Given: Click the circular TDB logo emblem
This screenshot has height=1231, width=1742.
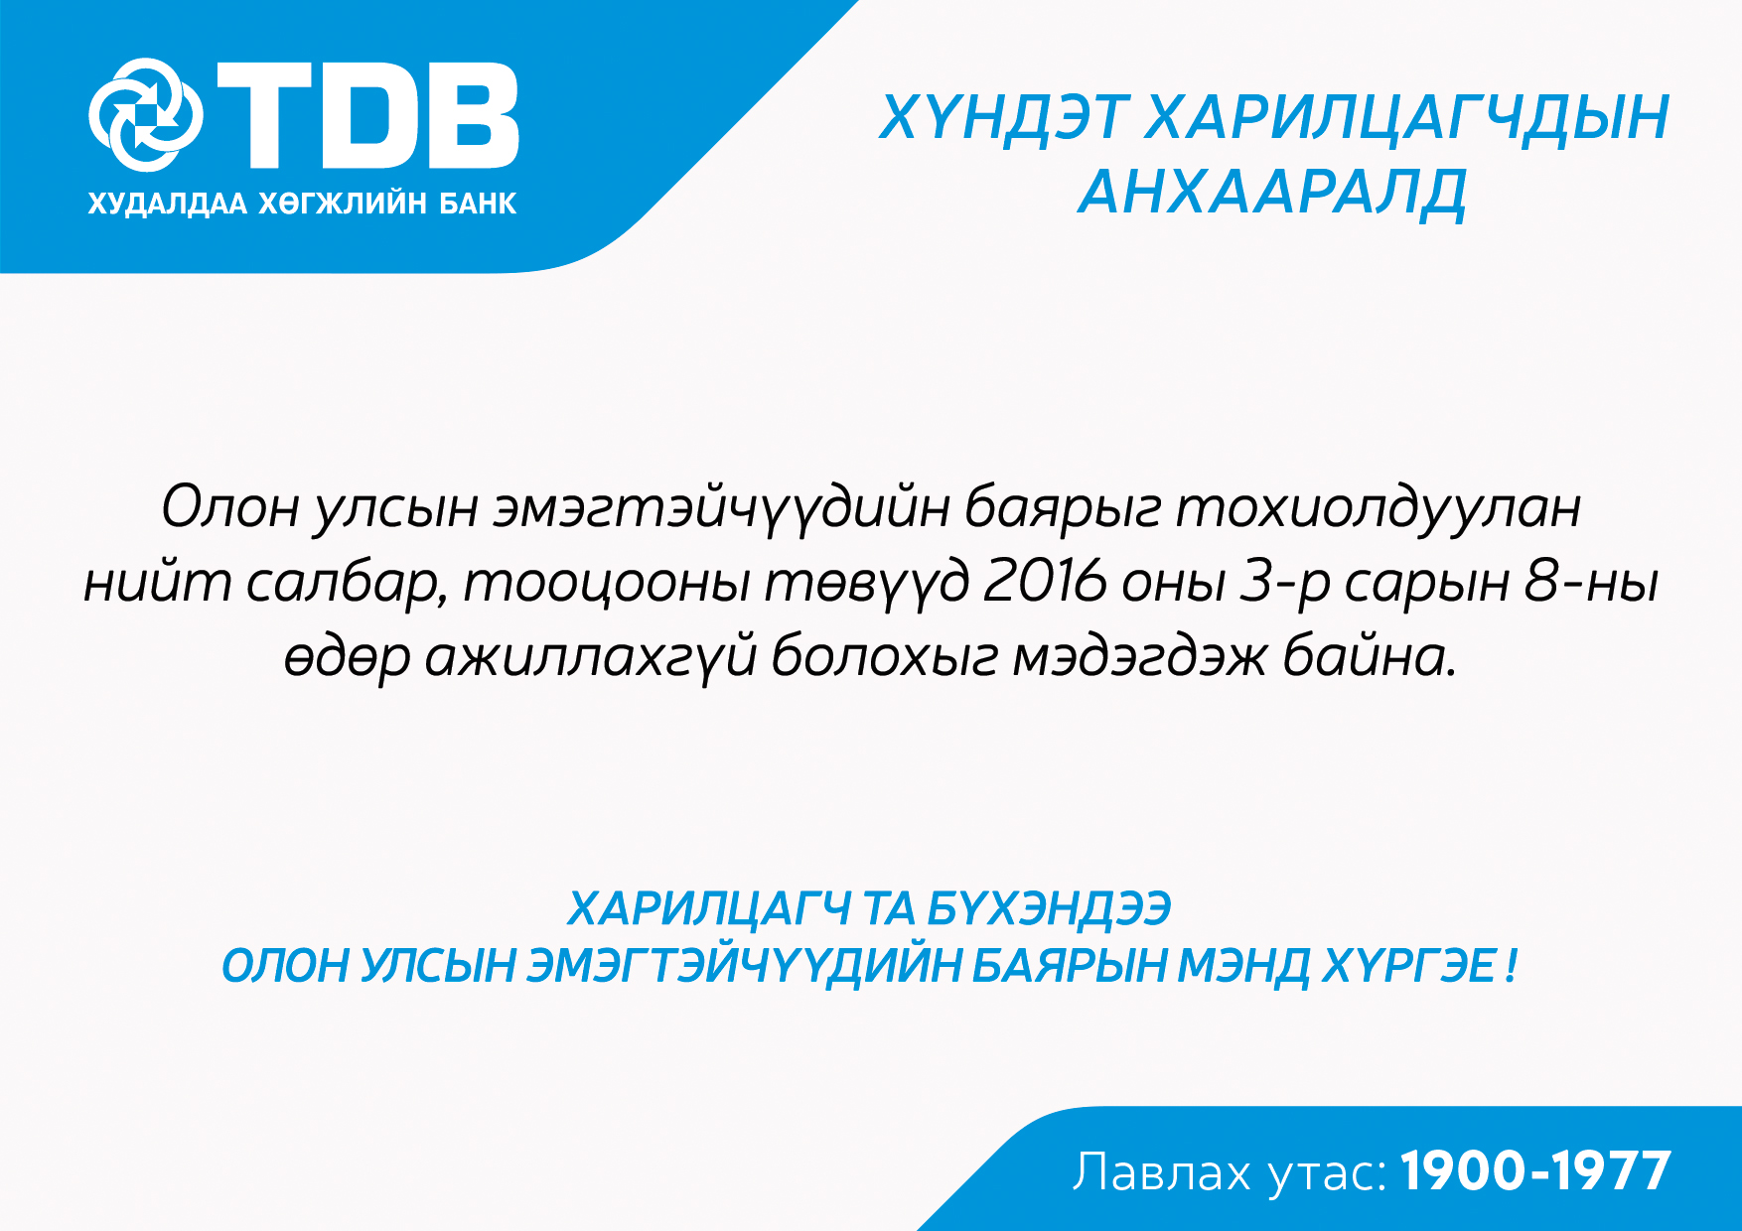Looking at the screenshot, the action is tap(146, 115).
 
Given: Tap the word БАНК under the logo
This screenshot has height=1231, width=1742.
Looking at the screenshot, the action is tap(478, 204).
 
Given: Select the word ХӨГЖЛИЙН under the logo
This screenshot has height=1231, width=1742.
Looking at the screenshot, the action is tap(343, 204).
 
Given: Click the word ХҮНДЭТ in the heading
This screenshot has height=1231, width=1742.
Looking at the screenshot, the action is tap(1003, 118).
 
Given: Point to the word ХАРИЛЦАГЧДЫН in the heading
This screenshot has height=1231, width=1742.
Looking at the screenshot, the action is tap(1407, 118).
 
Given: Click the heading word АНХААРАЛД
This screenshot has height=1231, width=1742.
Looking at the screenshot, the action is tap(1272, 193).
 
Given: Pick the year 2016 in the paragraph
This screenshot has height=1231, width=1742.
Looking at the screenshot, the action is tap(1044, 581).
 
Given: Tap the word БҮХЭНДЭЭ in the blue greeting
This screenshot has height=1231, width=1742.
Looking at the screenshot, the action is tap(1049, 908).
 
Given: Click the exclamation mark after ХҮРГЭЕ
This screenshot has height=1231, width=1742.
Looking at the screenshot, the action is tap(1511, 966).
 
